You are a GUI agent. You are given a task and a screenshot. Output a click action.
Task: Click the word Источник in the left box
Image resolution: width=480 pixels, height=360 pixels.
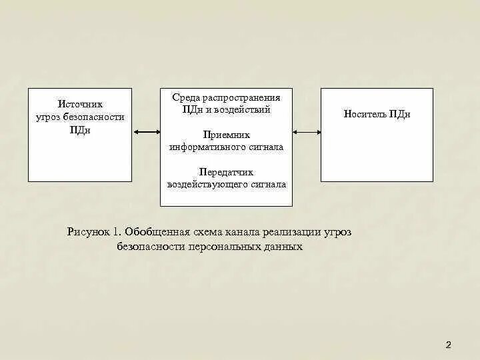click(80, 105)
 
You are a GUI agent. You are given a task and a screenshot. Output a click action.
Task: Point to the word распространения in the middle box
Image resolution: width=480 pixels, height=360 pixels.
click(240, 97)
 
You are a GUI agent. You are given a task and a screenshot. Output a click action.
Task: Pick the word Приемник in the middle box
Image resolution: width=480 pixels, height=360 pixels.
click(226, 135)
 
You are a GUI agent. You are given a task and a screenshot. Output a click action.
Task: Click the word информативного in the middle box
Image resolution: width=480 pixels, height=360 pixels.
click(205, 147)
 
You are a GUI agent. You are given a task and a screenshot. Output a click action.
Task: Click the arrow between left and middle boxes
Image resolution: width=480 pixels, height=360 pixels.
click(147, 132)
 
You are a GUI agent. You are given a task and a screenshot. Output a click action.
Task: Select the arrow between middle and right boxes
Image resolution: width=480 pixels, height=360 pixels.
click(307, 132)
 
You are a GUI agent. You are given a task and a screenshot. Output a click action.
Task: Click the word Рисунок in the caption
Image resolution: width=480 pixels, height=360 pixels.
click(89, 232)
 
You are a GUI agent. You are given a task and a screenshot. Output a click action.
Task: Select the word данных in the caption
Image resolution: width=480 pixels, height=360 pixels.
click(282, 247)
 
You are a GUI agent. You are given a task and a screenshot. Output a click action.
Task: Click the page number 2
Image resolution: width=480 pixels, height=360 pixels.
click(448, 345)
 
